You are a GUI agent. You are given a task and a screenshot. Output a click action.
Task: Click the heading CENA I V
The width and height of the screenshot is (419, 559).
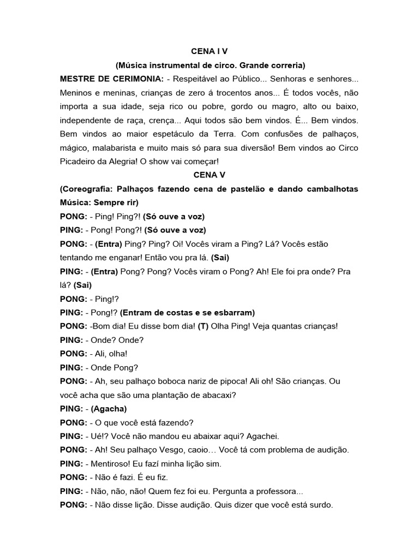pyautogui.click(x=209, y=51)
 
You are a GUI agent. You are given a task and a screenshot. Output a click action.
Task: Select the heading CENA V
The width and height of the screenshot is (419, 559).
pyautogui.click(x=209, y=175)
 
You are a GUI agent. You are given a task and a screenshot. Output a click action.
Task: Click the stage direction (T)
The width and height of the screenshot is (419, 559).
pyautogui.click(x=203, y=326)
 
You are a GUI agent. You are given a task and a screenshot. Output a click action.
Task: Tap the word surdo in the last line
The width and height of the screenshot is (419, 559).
pyautogui.click(x=320, y=506)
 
